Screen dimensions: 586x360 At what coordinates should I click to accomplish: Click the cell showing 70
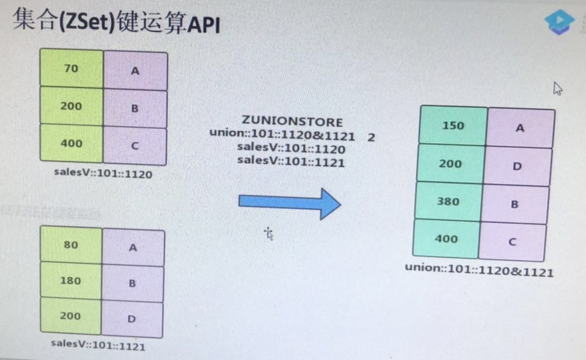pos(71,69)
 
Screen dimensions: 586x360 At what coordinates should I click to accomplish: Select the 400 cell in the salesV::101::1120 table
pos(71,144)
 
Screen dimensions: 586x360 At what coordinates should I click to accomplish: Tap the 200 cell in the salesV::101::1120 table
pos(71,107)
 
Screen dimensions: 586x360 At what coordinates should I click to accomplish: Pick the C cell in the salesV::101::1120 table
pos(135,145)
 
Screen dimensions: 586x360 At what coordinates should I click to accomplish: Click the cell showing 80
pos(71,245)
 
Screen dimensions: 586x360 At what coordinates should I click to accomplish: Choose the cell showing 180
pos(71,280)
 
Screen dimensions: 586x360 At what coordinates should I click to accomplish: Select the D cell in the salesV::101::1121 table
pos(132,319)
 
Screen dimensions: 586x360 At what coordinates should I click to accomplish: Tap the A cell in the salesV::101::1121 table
pos(133,247)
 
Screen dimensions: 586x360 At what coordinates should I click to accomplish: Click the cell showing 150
pos(453,125)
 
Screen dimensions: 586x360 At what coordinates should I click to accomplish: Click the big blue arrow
pos(289,202)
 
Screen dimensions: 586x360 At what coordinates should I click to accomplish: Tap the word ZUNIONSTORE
pos(292,122)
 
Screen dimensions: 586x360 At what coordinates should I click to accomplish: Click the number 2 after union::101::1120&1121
pos(370,137)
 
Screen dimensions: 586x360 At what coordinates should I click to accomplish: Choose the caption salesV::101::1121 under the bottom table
pos(98,344)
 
